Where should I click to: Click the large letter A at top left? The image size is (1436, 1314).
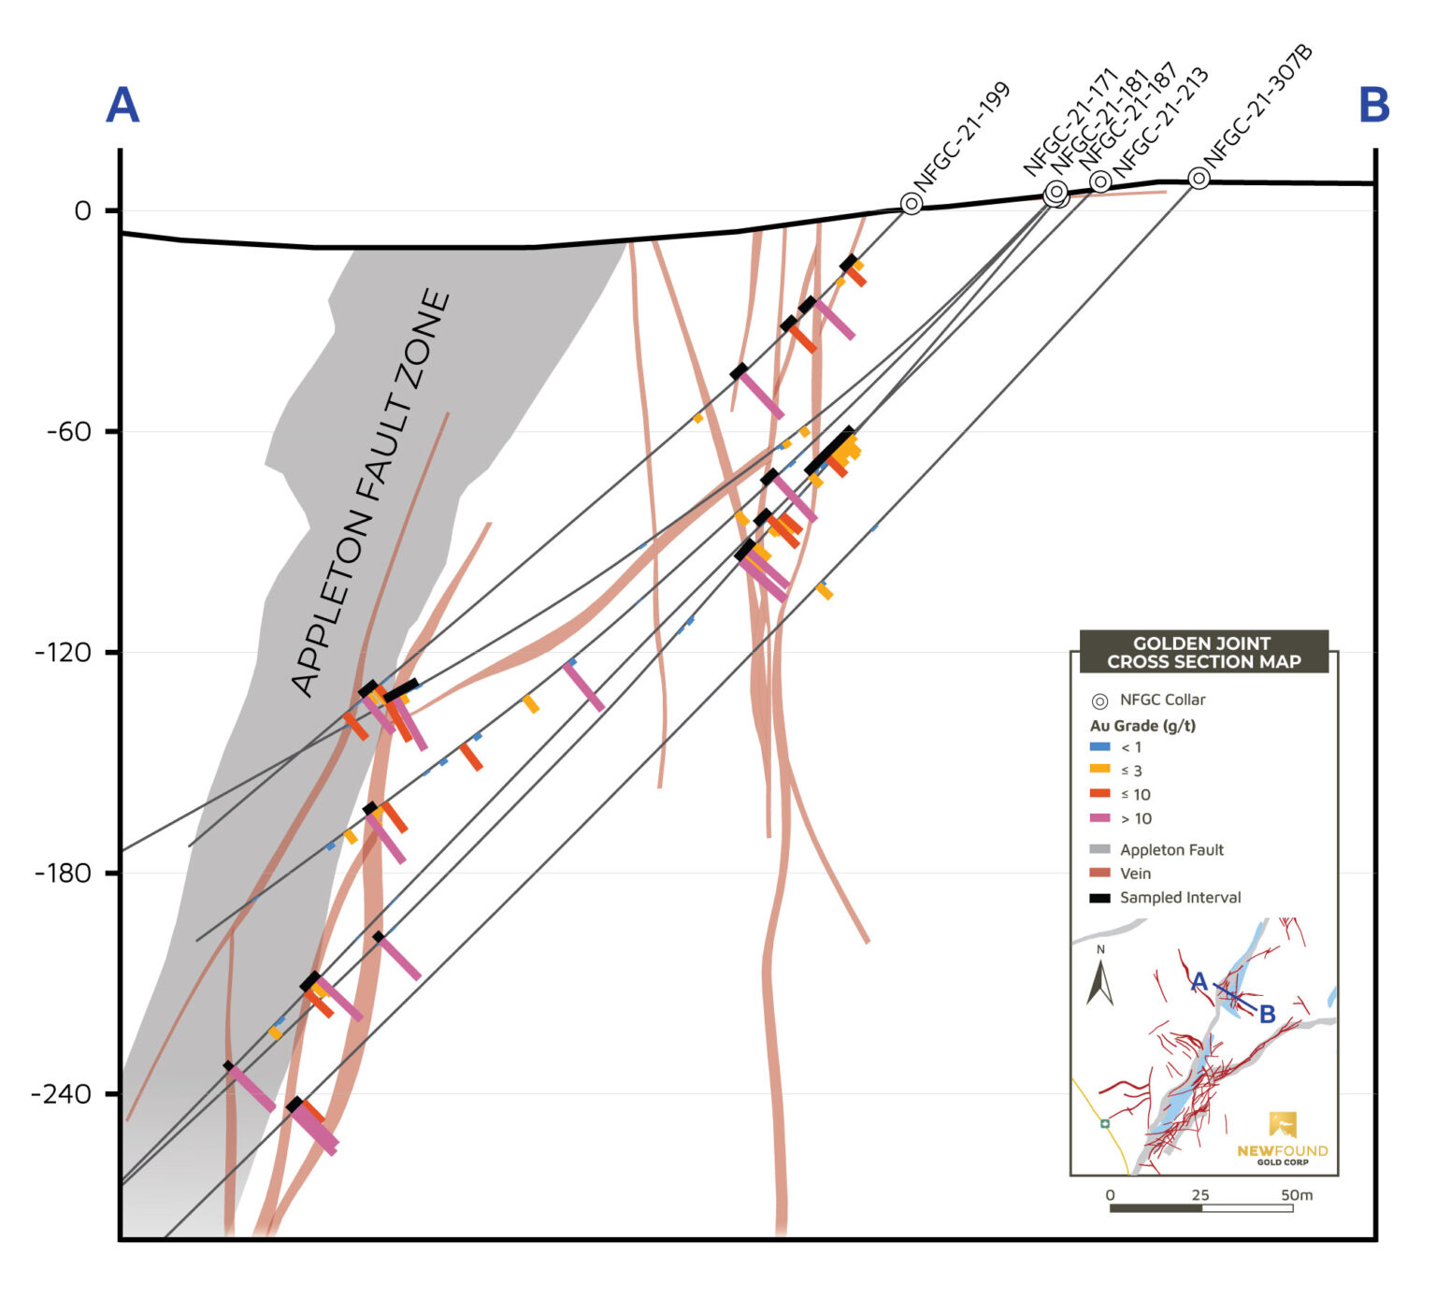[x=122, y=106]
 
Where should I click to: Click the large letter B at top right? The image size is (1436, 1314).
[x=1373, y=106]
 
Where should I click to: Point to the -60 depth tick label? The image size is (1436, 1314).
[x=69, y=432]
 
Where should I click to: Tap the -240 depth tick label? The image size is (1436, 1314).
[x=64, y=1094]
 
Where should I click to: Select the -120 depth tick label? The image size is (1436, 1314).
[x=64, y=653]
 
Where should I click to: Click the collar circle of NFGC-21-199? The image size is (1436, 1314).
[x=912, y=203]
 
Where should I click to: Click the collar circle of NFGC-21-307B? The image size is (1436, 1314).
[x=1199, y=178]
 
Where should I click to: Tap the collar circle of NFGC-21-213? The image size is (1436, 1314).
[x=1100, y=181]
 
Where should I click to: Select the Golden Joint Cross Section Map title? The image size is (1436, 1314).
[x=1203, y=653]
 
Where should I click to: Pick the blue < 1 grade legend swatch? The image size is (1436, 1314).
[x=1100, y=747]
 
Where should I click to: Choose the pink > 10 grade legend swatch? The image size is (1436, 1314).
[x=1100, y=818]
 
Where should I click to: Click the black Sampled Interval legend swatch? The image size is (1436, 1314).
[x=1100, y=898]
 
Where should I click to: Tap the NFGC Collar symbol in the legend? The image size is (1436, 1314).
[x=1100, y=700]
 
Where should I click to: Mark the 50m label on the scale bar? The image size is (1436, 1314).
[x=1296, y=1194]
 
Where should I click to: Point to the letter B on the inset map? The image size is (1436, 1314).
[x=1267, y=1014]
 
